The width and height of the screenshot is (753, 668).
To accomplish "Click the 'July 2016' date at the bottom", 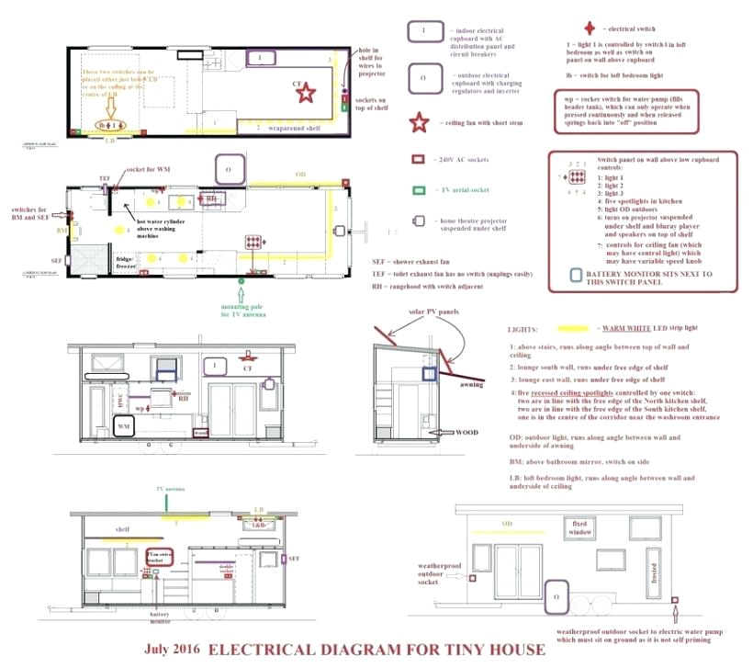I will tap(174, 650).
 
